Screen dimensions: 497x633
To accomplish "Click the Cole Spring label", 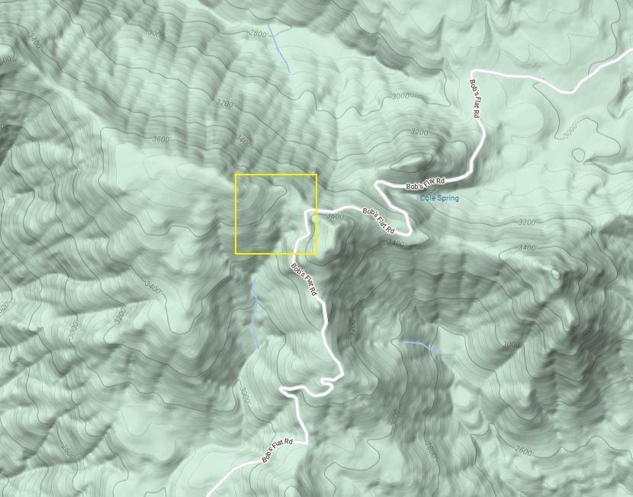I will point(440,198).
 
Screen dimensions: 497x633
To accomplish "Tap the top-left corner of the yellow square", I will point(236,175).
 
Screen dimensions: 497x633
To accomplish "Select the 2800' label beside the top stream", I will point(258,34).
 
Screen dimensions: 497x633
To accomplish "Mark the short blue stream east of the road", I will point(422,347).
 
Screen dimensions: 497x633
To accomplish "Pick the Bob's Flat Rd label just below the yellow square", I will point(304,281).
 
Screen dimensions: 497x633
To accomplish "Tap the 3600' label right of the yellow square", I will point(335,216).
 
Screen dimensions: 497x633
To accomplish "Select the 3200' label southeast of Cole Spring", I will point(527,223).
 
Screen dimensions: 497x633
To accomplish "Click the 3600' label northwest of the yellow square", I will point(161,139).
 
